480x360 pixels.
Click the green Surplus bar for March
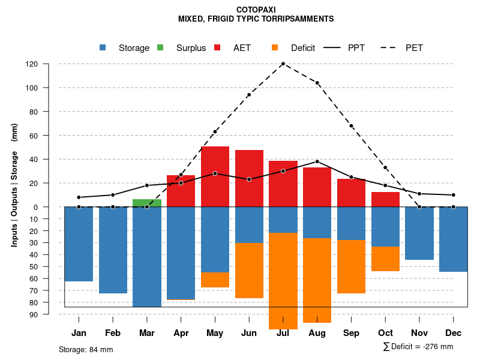147,203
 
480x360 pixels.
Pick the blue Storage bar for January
79,244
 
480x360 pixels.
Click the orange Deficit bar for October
386,259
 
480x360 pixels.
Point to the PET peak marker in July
283,64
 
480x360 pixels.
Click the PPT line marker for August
317,161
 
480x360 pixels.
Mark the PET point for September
352,126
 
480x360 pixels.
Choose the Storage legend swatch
103,47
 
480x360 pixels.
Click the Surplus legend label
191,48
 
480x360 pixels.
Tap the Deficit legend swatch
275,47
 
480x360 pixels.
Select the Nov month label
419,333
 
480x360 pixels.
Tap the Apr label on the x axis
181,333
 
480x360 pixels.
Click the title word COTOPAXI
256,10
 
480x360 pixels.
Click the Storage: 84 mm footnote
86,349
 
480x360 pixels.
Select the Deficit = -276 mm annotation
418,347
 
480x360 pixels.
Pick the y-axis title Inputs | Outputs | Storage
14,189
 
